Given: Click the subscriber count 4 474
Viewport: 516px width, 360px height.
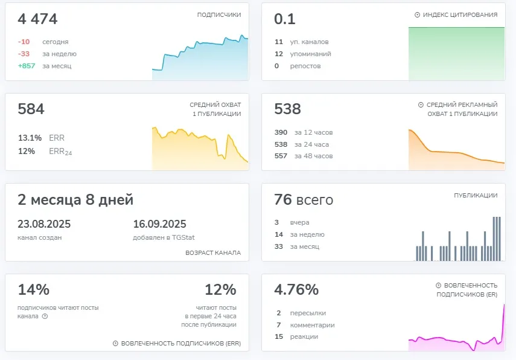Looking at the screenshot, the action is (x=37, y=19).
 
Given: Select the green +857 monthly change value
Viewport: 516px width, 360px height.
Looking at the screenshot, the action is (x=27, y=66).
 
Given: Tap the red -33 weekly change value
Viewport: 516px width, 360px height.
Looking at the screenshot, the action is (x=24, y=54).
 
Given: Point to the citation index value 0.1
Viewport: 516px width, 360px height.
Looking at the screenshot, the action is (x=285, y=19).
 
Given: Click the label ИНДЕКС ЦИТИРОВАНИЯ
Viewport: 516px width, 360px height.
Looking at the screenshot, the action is (x=460, y=15).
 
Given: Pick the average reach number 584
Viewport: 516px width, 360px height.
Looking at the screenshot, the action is (x=31, y=109).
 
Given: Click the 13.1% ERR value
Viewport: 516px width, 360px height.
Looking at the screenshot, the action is (x=30, y=138).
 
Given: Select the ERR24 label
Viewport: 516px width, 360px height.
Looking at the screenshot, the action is (x=60, y=152).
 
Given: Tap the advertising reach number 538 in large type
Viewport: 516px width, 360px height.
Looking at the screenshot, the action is (x=288, y=109).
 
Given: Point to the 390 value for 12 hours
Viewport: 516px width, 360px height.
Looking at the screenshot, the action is (x=281, y=132).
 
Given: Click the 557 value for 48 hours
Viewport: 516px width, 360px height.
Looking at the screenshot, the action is (x=281, y=156).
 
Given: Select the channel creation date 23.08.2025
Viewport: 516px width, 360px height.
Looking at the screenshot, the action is (x=44, y=224).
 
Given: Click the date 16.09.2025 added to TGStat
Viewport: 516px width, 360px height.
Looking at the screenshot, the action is (x=159, y=224).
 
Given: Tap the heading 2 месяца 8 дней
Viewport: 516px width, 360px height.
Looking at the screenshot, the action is (x=75, y=199).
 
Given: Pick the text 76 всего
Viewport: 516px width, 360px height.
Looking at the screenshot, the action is (x=304, y=199).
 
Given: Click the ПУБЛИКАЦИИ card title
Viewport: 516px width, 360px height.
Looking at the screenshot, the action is (x=476, y=195).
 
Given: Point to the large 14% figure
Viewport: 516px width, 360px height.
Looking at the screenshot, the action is (x=34, y=289).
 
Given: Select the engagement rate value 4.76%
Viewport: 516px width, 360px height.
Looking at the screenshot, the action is (x=296, y=289).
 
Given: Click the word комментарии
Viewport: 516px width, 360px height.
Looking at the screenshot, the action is (x=312, y=325).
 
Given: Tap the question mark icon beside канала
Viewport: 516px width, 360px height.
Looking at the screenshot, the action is (x=45, y=316).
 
